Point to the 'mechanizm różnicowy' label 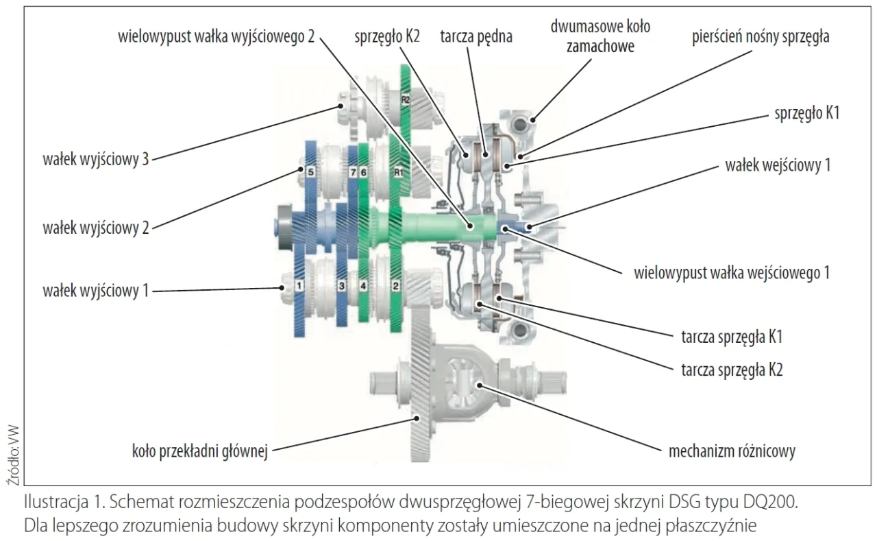coord(732,451)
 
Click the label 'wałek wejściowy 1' coord(778,165)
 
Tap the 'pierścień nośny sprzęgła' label coord(761,36)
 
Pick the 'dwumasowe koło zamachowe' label coord(600,36)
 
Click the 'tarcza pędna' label coord(476,36)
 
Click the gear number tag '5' coord(310,173)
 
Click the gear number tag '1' coord(299,282)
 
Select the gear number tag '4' coord(364,284)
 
